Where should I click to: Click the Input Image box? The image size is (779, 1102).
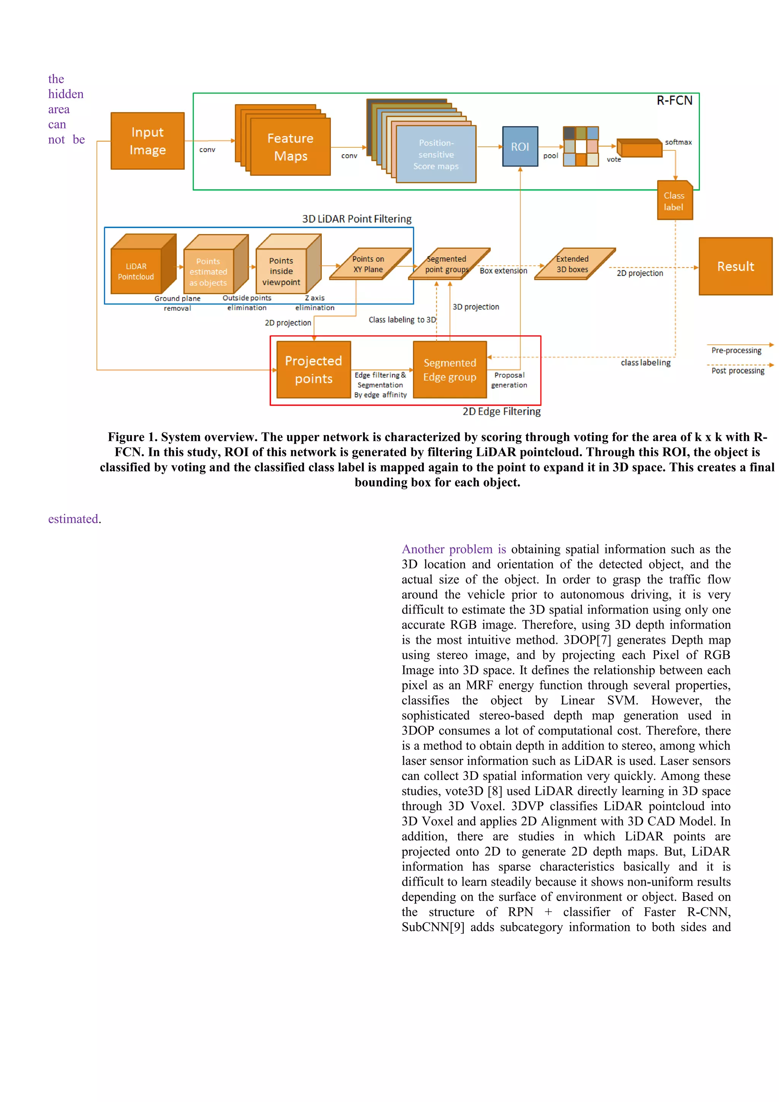(147, 141)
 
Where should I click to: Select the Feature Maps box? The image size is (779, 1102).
(290, 147)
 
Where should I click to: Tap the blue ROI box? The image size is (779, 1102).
(520, 146)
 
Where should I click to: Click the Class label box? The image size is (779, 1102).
(674, 201)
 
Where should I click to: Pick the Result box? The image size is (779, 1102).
(735, 267)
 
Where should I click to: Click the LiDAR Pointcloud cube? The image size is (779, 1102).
(136, 271)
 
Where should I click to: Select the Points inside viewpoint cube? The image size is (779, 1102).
(281, 271)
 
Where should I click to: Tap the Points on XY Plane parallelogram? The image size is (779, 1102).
(369, 264)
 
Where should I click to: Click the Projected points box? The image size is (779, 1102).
(313, 370)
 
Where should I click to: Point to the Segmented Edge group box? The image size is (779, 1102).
(450, 370)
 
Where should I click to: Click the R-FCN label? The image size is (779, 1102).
(674, 100)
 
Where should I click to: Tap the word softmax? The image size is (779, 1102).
(678, 142)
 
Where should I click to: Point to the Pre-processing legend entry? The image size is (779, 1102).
(736, 350)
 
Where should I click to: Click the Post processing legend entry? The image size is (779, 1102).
(738, 370)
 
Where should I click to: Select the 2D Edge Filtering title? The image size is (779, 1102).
(502, 411)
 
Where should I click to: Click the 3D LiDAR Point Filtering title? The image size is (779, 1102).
(357, 219)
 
